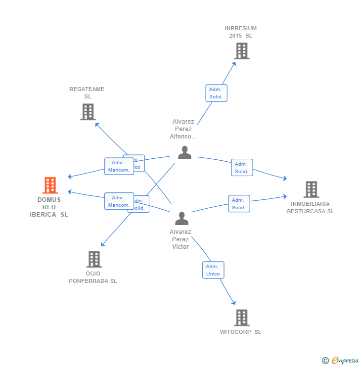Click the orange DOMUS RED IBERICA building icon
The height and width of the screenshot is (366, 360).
click(50, 185)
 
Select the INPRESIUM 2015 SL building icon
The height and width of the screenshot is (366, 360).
click(241, 50)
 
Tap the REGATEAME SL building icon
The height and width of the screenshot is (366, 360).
click(88, 112)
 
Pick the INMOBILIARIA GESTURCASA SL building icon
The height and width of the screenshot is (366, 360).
click(311, 189)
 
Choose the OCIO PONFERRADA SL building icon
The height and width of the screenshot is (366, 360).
click(93, 259)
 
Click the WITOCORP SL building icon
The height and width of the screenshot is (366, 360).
click(241, 318)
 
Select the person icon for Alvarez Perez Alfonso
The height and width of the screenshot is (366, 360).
click(184, 152)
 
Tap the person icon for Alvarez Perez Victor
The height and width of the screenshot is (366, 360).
click(181, 218)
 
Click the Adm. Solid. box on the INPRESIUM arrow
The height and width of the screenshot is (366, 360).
click(216, 93)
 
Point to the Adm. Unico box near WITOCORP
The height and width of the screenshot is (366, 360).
click(213, 270)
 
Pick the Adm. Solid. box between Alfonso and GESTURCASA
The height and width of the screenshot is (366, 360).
click(242, 168)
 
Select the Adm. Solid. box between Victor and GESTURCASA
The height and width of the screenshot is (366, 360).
click(239, 204)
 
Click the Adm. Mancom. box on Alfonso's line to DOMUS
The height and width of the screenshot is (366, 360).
click(119, 166)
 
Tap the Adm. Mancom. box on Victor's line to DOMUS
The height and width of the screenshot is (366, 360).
click(119, 201)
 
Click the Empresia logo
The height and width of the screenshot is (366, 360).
click(345, 361)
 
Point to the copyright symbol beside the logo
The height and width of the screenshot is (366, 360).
click(325, 361)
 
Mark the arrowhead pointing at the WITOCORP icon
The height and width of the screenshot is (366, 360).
click(234, 303)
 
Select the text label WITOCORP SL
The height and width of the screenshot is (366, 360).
click(241, 332)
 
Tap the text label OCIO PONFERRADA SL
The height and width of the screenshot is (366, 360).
click(93, 277)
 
